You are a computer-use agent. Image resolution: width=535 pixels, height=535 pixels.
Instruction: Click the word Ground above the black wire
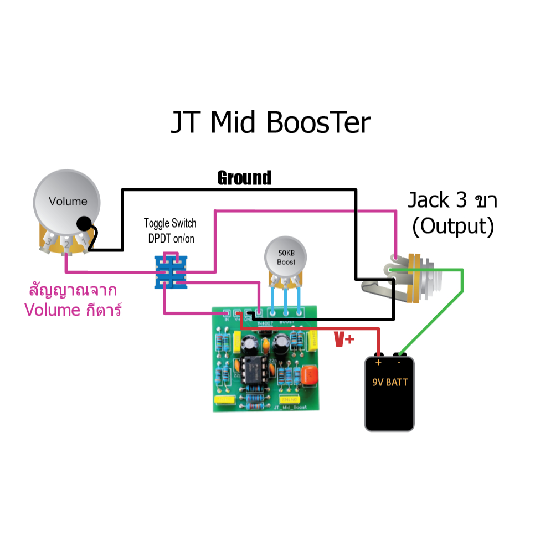244,178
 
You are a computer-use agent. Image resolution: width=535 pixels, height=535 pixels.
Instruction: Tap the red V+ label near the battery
343,339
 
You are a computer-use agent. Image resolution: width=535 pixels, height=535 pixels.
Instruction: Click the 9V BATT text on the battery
390,382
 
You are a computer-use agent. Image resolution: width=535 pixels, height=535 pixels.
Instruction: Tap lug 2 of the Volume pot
66,243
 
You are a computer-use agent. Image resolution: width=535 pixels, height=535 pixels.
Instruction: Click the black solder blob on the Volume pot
84,223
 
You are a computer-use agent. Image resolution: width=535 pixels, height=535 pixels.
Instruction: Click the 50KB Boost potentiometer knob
286,255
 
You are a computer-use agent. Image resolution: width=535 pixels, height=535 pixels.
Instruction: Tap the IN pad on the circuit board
226,313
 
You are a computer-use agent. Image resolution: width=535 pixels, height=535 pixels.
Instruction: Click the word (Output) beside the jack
454,226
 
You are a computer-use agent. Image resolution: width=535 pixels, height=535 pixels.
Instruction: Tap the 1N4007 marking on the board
264,321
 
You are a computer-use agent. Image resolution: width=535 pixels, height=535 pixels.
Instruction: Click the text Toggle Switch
170,224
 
